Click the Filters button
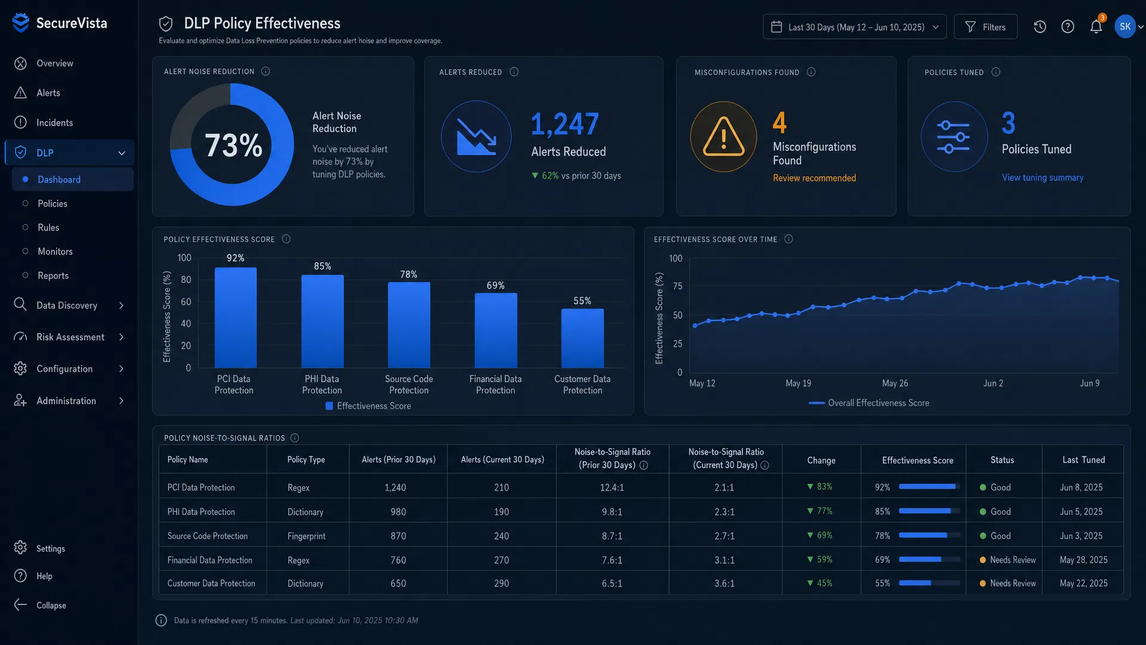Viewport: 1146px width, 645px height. tap(985, 27)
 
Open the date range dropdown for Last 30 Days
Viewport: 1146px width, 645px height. tap(854, 27)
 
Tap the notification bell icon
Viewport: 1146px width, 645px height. tap(1096, 27)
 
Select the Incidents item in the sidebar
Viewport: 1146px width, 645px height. tap(54, 122)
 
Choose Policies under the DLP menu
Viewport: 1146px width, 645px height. tap(53, 204)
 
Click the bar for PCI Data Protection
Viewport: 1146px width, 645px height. tap(235, 318)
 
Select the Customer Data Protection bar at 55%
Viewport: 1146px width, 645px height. tap(582, 338)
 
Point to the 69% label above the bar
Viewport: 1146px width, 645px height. tap(495, 285)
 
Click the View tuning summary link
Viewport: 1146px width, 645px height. tap(1042, 177)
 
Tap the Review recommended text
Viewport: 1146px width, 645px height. tap(814, 178)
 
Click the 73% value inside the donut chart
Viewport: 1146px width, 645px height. tap(233, 145)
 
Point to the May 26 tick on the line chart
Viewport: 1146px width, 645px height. tap(895, 383)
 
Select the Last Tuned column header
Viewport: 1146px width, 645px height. tap(1083, 460)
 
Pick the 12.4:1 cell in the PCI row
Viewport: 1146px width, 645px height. tap(612, 487)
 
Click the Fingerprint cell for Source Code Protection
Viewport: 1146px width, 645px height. tap(306, 536)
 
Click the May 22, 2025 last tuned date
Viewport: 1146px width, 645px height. tap(1083, 583)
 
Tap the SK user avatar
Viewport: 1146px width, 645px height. tap(1125, 27)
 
